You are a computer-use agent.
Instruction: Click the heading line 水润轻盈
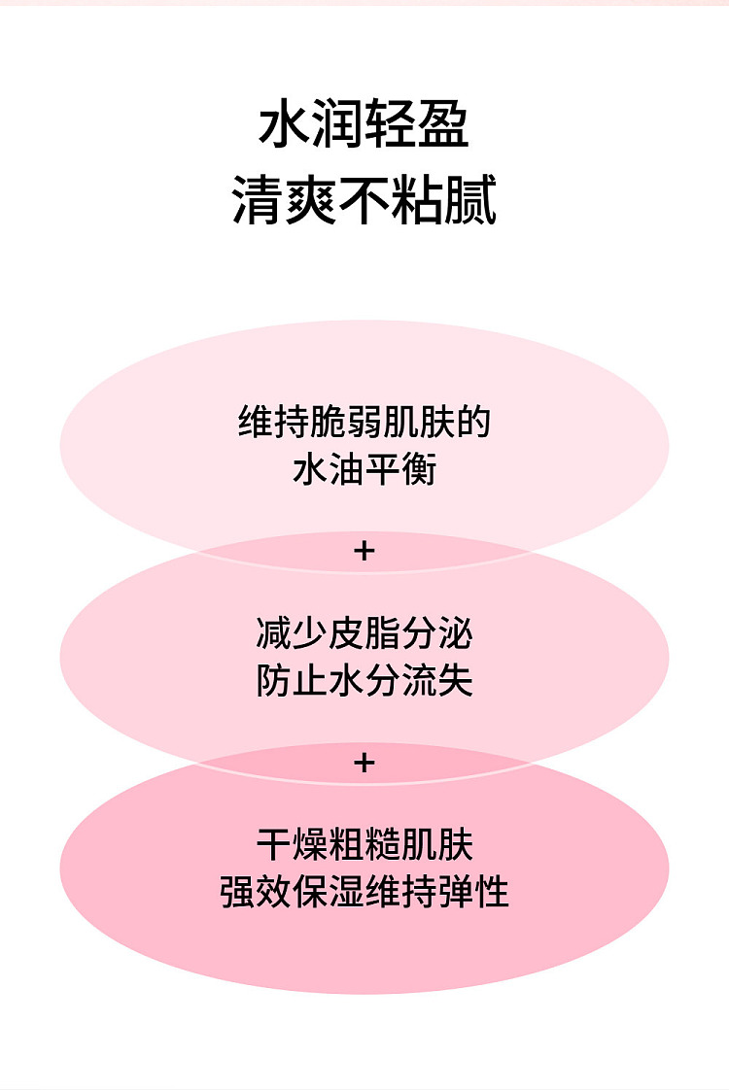click(364, 123)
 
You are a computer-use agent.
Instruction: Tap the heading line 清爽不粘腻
click(364, 200)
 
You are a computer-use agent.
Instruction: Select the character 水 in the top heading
click(285, 123)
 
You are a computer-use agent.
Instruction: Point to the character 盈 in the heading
click(444, 123)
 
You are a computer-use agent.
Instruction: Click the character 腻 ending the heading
click(470, 200)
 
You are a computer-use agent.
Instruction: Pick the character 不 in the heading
click(364, 200)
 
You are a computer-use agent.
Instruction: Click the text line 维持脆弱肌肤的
click(364, 422)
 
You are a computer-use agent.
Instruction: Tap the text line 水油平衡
click(364, 469)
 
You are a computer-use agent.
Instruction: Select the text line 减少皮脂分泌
click(364, 633)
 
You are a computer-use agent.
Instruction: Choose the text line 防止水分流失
click(364, 681)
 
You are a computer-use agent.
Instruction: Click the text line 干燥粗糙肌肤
click(364, 845)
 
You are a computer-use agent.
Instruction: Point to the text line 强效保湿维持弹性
click(364, 892)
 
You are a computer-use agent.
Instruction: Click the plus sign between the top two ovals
click(364, 551)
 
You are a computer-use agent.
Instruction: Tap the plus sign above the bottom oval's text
click(364, 764)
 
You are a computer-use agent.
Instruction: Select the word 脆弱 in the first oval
click(346, 422)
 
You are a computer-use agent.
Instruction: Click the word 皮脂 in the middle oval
click(364, 633)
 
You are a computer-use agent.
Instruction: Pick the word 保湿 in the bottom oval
click(329, 892)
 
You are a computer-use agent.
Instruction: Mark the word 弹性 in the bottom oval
click(473, 892)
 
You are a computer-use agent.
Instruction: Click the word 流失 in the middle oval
click(437, 681)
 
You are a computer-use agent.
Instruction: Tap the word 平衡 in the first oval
click(401, 469)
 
